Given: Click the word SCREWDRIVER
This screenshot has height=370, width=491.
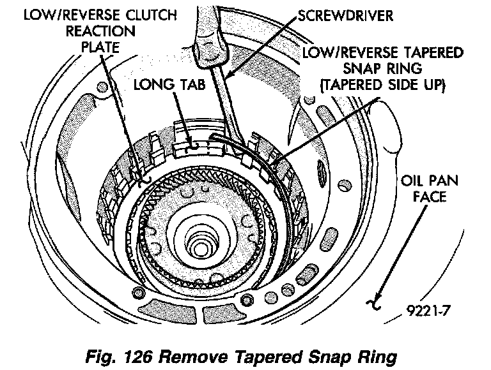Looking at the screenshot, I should point(349,13).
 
